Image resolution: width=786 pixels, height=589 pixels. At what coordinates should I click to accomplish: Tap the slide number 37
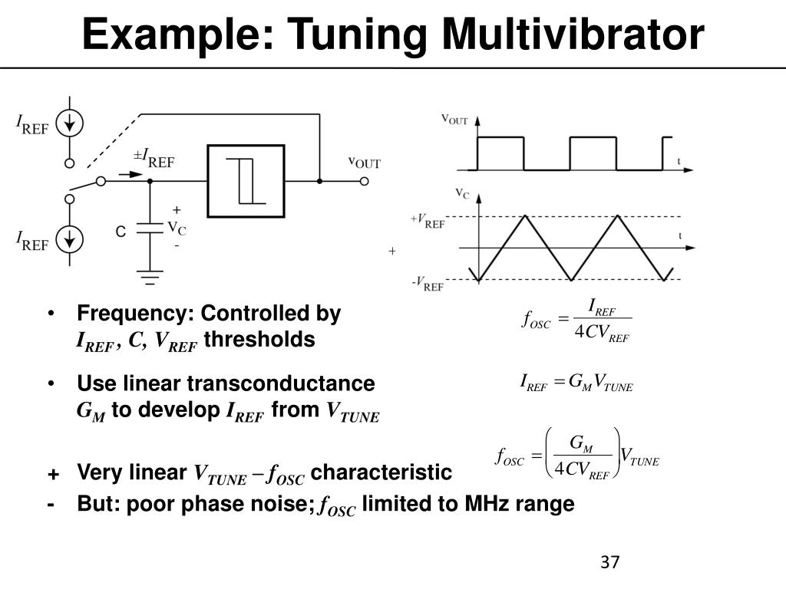609,561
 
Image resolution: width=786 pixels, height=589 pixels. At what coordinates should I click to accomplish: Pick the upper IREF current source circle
70,124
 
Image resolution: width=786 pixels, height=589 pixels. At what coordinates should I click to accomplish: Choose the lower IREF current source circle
70,239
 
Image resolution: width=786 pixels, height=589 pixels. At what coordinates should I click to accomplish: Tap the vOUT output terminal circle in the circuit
365,181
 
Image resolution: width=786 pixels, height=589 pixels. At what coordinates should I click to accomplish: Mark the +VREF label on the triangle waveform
428,221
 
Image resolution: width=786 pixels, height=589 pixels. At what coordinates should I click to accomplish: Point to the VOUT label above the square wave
454,120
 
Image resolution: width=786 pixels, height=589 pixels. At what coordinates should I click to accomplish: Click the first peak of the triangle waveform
524,217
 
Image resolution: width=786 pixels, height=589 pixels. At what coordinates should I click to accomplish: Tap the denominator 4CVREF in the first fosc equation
602,334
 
